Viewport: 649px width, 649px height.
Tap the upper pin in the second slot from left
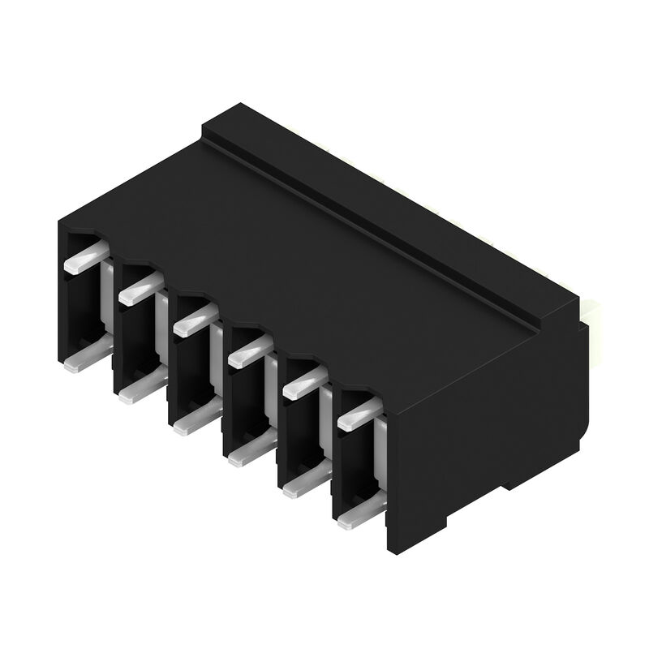139,290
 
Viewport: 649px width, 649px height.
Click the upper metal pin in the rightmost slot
357,416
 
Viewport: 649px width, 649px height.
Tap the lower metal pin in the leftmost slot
86,358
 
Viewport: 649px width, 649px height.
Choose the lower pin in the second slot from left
140,391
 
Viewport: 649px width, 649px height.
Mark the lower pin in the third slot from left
195,422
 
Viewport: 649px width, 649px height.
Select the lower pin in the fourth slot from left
248,455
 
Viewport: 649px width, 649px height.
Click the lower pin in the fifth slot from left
303,486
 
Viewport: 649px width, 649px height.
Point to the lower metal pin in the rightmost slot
357,517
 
